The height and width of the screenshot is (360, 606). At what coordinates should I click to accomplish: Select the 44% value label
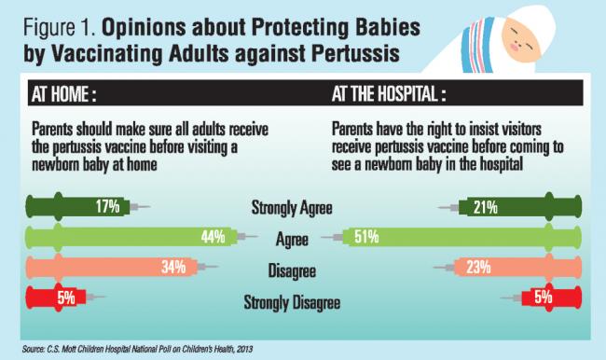[213, 238]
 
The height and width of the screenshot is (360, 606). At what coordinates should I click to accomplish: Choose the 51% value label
[365, 238]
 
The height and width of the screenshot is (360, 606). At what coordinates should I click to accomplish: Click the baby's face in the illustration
[525, 38]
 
